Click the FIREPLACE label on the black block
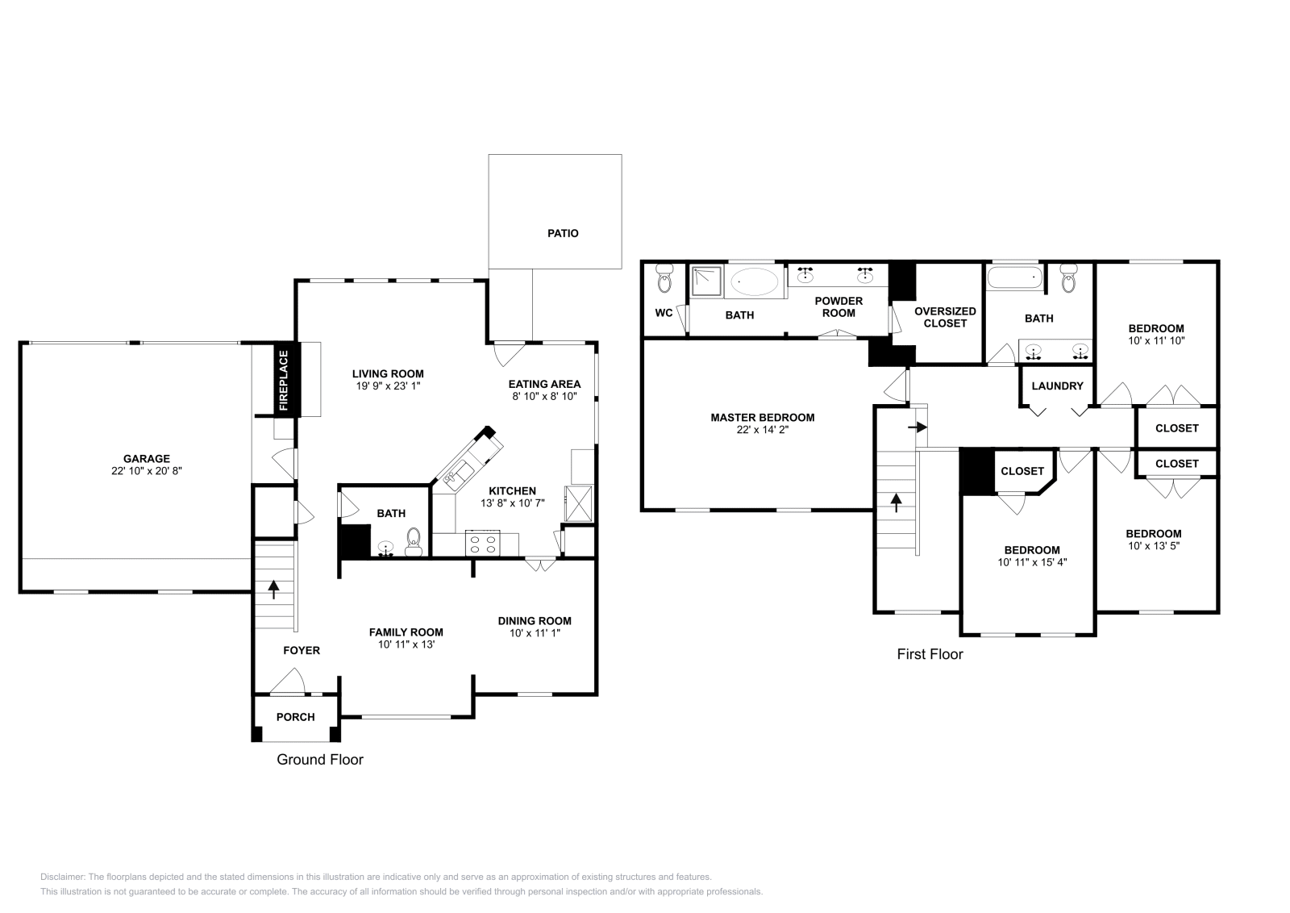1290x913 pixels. click(284, 381)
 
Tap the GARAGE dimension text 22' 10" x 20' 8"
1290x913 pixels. click(147, 471)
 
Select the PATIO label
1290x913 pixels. click(563, 233)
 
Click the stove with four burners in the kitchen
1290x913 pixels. click(482, 544)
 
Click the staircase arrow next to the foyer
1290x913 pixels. click(273, 589)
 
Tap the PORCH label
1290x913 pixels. click(295, 717)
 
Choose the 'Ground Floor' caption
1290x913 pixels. click(319, 760)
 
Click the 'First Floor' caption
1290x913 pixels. click(930, 654)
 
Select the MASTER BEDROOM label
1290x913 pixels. click(762, 418)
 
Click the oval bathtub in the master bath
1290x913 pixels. click(755, 282)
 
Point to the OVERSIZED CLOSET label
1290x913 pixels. click(945, 317)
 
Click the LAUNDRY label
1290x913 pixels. click(1057, 386)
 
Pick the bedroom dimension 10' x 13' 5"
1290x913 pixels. click(1154, 546)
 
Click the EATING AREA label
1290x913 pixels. click(544, 384)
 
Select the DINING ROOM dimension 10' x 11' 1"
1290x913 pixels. click(535, 633)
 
